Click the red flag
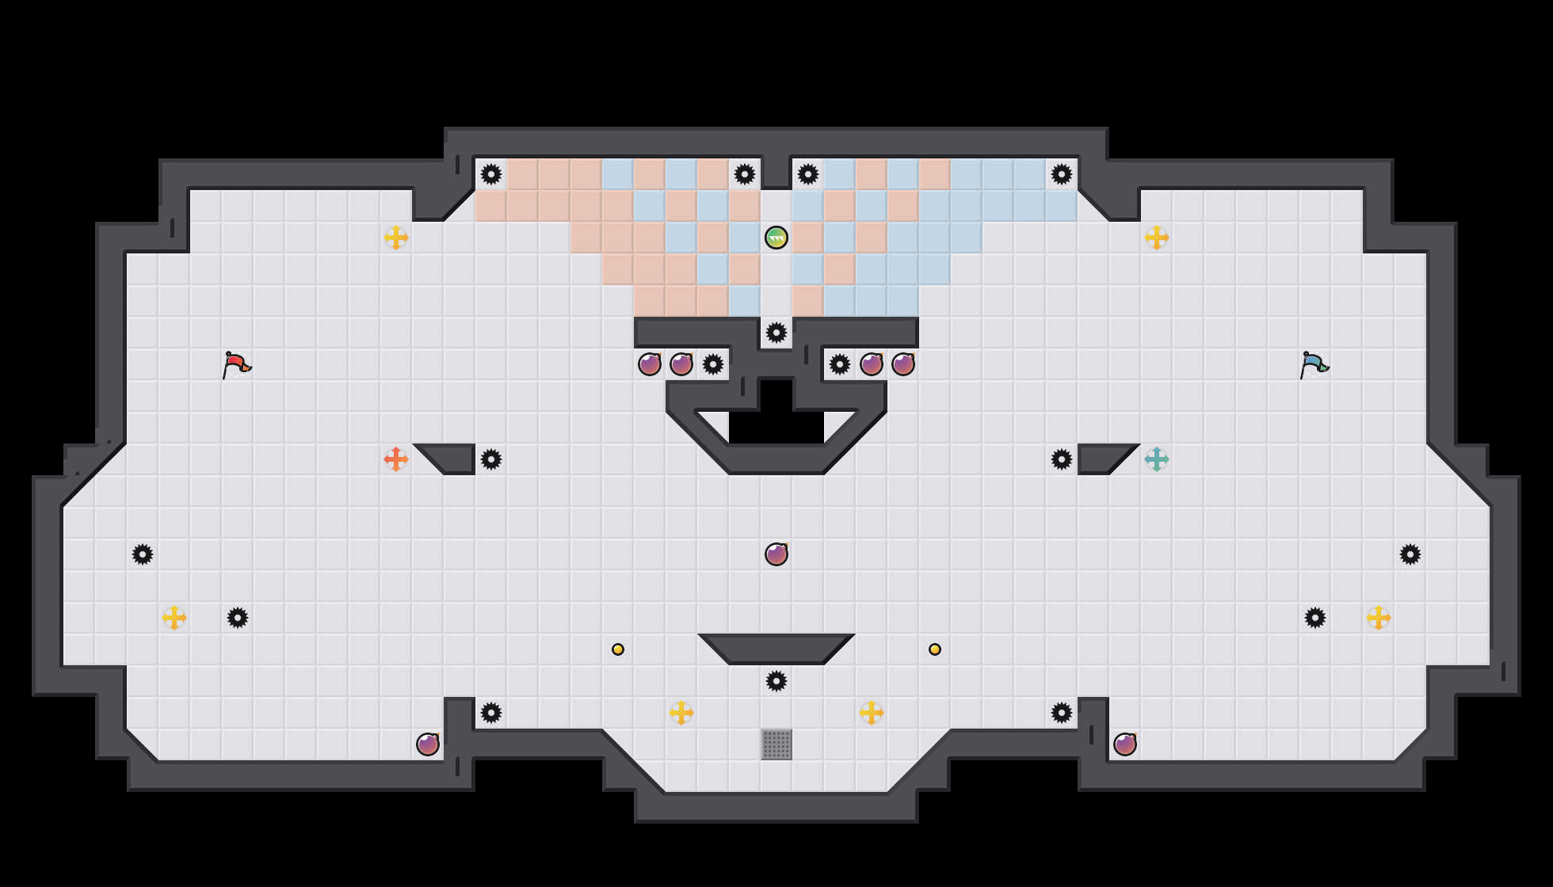[x=235, y=365]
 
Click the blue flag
[x=1313, y=365]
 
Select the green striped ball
[x=776, y=238]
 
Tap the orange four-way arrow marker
[x=396, y=459]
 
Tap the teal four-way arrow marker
[x=1157, y=459]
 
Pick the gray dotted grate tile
[x=776, y=744]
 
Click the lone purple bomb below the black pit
[x=776, y=554]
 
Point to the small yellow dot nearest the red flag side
[x=618, y=649]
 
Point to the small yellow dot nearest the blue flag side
[x=935, y=649]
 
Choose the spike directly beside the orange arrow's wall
[x=491, y=459]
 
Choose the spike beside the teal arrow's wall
[x=1062, y=459]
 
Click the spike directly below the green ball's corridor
[x=776, y=333]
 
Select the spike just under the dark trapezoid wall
[x=776, y=681]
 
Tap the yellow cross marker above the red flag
[x=396, y=238]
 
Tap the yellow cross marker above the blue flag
[x=1157, y=238]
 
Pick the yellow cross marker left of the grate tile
[x=681, y=713]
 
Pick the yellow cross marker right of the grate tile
[x=872, y=713]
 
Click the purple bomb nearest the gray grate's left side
[x=428, y=744]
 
